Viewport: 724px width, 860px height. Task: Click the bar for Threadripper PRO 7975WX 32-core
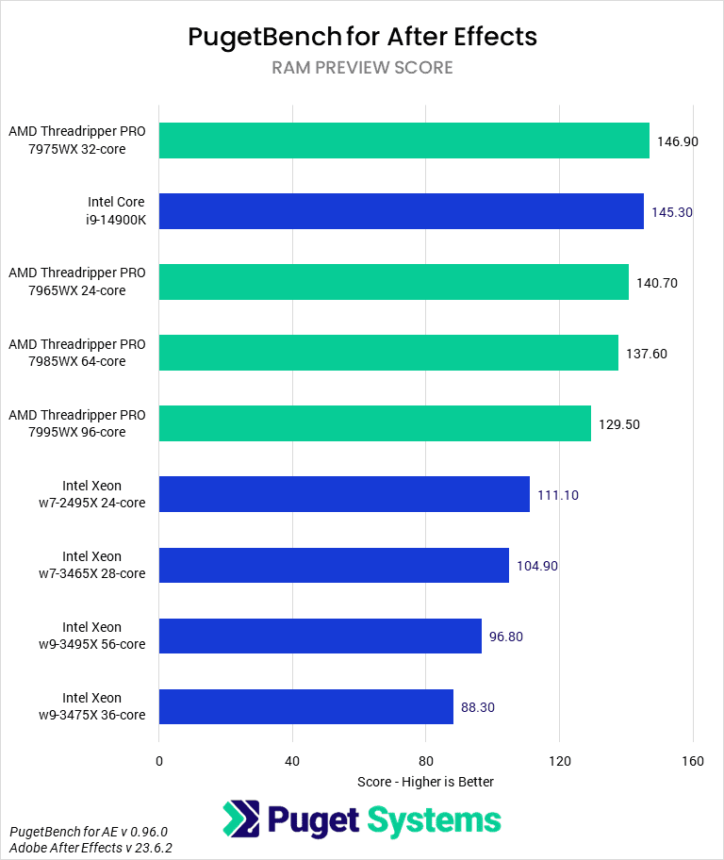[x=403, y=141]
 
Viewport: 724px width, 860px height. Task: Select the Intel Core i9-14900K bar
[x=401, y=211]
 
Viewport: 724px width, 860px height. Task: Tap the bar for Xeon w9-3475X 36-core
[x=305, y=706]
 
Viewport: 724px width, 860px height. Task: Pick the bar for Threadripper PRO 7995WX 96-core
[x=374, y=423]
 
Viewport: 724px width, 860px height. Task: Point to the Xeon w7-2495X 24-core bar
[x=344, y=494]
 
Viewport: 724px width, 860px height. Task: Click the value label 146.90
[x=677, y=141]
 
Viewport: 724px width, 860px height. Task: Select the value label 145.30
[x=671, y=212]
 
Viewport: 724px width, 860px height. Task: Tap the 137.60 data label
[x=646, y=354]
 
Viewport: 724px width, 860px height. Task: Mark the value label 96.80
[x=505, y=637]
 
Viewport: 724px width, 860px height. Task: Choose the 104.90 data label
[x=537, y=566]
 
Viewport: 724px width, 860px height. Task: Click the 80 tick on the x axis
[x=425, y=761]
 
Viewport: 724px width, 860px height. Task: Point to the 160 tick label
[x=692, y=761]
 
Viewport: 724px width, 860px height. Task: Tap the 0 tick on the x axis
[x=159, y=761]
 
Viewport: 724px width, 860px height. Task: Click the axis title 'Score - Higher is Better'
[x=425, y=782]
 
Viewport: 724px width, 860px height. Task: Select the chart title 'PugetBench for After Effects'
[x=362, y=37]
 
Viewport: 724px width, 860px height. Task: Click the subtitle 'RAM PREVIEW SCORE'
[x=362, y=68]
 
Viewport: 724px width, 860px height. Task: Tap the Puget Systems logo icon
[x=241, y=819]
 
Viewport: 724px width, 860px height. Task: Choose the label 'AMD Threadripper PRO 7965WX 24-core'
[x=77, y=282]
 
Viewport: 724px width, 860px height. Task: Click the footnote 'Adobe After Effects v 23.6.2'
[x=90, y=848]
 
